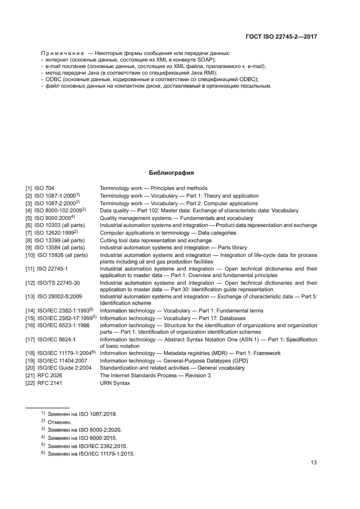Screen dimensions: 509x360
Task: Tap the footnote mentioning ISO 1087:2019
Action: tap(82, 414)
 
